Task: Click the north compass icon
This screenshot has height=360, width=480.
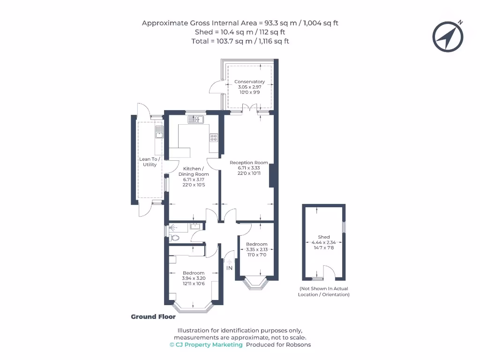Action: click(x=448, y=37)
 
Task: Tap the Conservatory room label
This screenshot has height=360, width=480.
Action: click(x=249, y=82)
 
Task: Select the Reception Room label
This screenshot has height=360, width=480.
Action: click(x=248, y=163)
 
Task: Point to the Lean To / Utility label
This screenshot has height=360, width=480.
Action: click(x=150, y=162)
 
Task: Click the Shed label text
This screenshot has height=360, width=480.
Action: click(x=323, y=237)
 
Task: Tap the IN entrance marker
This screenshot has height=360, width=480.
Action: click(x=230, y=268)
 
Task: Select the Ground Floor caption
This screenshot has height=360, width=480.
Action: click(x=153, y=317)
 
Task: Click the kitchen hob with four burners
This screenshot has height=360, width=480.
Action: click(x=214, y=138)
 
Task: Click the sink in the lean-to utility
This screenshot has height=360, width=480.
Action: click(x=159, y=132)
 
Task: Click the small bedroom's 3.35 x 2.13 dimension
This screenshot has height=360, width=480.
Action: click(x=257, y=249)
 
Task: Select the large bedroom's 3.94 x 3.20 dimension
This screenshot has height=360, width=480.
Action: click(x=194, y=278)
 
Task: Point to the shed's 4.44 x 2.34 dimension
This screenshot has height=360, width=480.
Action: click(x=323, y=243)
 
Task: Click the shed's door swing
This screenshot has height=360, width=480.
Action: click(x=329, y=272)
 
